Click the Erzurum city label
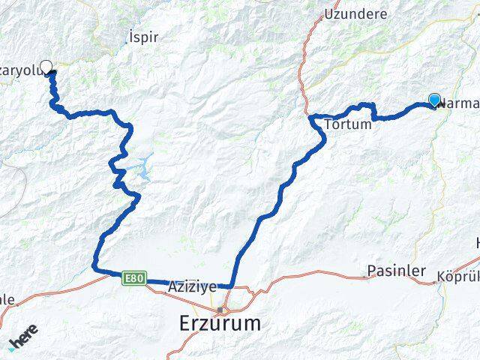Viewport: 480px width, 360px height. pos(220,324)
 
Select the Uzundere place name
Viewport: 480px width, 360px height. pos(355,13)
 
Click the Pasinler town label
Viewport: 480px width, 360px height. pos(397,270)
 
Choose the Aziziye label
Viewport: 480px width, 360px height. pos(192,286)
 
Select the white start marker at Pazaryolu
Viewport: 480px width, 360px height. pos(46,67)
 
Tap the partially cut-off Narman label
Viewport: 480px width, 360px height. pos(458,105)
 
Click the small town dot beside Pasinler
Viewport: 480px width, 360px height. pos(365,276)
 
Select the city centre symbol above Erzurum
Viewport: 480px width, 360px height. pos(220,309)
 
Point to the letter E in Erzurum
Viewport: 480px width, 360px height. pos(186,324)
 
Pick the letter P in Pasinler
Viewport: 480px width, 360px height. pos(371,270)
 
